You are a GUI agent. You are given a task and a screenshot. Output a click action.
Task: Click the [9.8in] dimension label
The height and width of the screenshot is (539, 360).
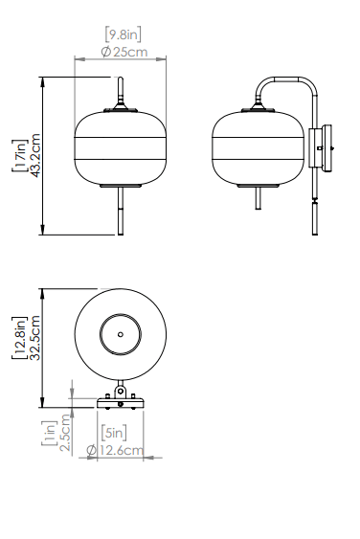coord(123,34)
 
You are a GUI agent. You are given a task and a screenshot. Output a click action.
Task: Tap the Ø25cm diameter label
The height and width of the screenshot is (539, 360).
coord(124,53)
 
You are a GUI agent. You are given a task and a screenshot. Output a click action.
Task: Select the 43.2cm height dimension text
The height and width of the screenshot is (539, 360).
coord(35,155)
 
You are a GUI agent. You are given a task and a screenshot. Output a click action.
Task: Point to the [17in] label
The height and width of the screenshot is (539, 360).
coord(19,155)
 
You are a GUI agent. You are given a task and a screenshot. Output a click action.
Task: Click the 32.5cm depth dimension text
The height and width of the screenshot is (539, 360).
coord(35,338)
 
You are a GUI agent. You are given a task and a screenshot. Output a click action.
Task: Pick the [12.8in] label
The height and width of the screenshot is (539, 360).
coord(19,338)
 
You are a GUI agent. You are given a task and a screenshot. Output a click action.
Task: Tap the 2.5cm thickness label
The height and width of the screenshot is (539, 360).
coord(65,433)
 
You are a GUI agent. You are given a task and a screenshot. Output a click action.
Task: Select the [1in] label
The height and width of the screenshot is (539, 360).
coord(49,433)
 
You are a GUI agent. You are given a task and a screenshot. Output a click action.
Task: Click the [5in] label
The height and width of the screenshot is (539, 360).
coord(114,433)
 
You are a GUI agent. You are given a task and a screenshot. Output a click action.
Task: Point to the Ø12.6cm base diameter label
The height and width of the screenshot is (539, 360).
coord(115,450)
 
